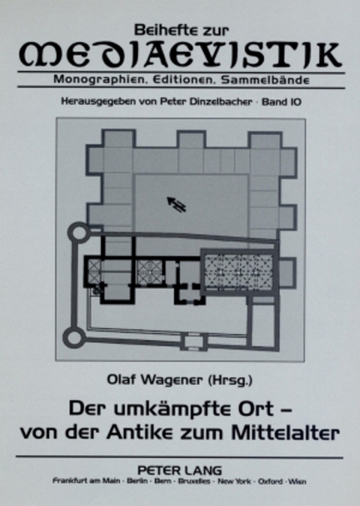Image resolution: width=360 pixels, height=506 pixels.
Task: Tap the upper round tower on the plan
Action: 78,232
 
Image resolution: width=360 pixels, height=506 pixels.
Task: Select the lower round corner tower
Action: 73,337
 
